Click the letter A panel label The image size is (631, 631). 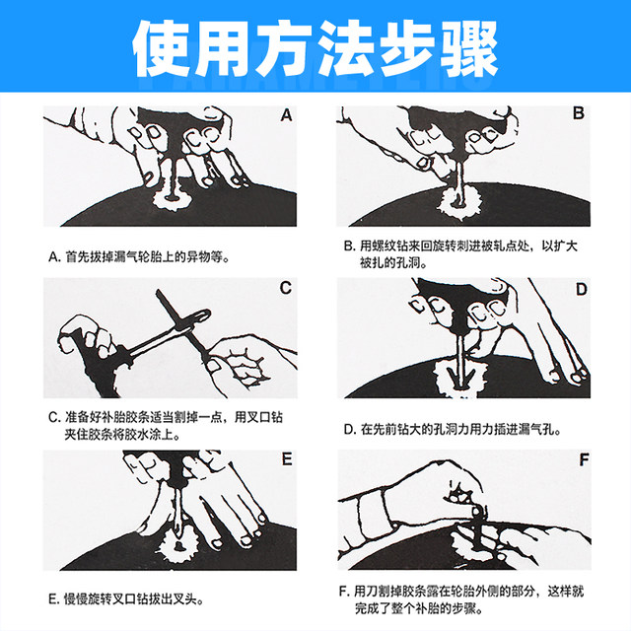[286, 114]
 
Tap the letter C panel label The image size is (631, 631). [285, 288]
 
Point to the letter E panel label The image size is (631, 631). [286, 459]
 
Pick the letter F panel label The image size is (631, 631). [581, 460]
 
